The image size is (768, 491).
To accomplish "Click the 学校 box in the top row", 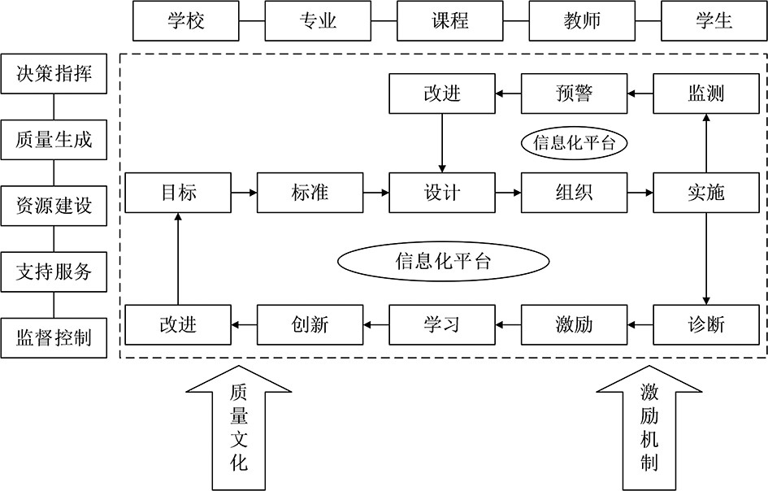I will click(x=185, y=20).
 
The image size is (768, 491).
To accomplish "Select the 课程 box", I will click(x=449, y=20).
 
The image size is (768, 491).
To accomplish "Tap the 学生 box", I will click(x=714, y=20).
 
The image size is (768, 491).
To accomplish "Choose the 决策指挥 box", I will click(x=54, y=74).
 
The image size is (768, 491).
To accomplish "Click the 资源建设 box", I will click(x=54, y=206).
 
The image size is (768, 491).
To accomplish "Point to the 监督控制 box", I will click(x=54, y=337).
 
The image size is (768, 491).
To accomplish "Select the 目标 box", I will click(x=177, y=193).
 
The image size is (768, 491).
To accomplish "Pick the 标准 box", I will click(x=309, y=193).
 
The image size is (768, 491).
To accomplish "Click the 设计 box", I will click(x=441, y=193).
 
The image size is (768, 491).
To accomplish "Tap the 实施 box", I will click(x=705, y=193).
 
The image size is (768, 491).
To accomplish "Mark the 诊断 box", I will click(x=705, y=324).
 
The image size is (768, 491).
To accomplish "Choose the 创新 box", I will click(x=309, y=324).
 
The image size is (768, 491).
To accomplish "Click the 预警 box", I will click(x=574, y=93).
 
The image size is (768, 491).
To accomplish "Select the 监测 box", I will click(x=705, y=93).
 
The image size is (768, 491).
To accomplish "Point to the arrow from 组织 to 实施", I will click(x=640, y=193).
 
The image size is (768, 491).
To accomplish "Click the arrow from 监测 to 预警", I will click(x=640, y=93).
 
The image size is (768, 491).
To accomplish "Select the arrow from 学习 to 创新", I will click(x=375, y=324).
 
